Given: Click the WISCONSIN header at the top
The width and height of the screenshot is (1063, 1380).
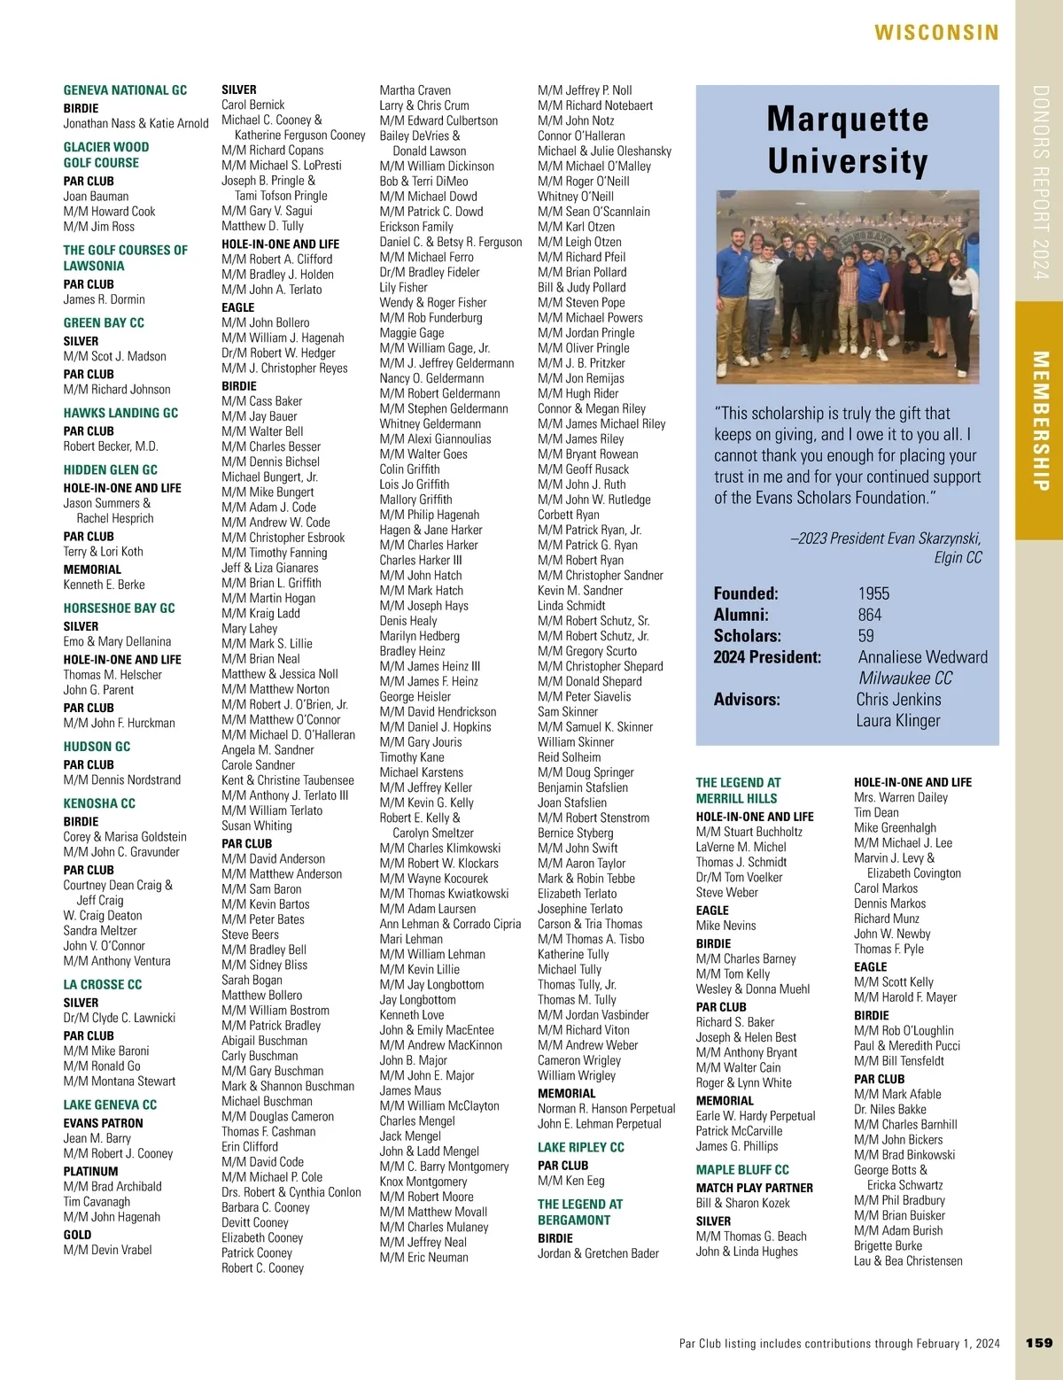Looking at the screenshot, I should click(936, 33).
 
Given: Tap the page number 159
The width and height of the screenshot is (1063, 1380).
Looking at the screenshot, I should click(1039, 1343).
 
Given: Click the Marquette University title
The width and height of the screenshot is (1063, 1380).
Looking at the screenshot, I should click(848, 140).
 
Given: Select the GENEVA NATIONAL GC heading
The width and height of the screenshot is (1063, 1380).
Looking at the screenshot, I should click(125, 90).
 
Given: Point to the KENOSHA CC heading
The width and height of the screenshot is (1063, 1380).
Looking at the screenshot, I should click(99, 803).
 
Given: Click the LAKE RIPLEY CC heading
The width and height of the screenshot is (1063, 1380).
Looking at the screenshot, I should click(580, 1147).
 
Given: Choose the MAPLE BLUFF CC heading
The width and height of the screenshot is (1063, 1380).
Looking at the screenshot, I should click(742, 1169).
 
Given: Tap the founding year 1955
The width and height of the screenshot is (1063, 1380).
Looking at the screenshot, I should click(873, 593).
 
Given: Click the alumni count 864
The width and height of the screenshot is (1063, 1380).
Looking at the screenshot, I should click(870, 615).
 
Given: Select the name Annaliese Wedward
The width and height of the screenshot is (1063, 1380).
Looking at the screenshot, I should click(922, 657).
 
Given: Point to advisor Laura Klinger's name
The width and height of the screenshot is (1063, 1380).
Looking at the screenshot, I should click(898, 721).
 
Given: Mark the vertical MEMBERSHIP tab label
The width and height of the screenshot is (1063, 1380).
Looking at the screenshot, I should click(1040, 421).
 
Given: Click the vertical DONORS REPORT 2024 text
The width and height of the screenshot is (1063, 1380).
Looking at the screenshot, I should click(1040, 182).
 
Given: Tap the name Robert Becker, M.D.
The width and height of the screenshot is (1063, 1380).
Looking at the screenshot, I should click(111, 446).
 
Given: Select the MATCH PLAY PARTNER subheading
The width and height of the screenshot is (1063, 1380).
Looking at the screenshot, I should click(754, 1188).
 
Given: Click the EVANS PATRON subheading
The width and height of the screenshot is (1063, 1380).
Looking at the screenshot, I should click(103, 1123).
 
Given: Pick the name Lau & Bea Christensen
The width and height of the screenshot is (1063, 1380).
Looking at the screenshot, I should click(908, 1260).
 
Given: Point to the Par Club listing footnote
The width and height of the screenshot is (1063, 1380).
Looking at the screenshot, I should click(839, 1344).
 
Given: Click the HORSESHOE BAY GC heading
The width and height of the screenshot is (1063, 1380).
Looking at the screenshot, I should click(119, 609).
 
